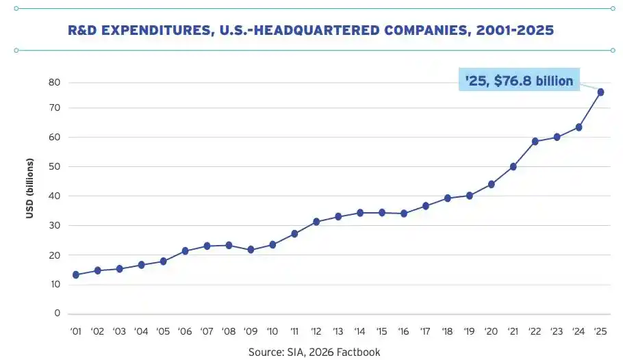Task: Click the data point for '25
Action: (x=600, y=92)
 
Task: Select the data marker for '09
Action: (x=251, y=250)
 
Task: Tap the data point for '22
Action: (x=535, y=142)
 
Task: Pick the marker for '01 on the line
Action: (x=76, y=274)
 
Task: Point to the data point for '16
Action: (x=404, y=214)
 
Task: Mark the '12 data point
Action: (x=316, y=222)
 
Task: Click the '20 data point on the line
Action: (x=491, y=184)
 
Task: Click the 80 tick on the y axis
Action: (x=55, y=82)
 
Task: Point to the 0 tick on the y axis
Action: (x=58, y=313)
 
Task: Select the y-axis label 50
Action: (x=55, y=166)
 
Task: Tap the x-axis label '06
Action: (x=185, y=331)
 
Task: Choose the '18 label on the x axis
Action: (x=447, y=331)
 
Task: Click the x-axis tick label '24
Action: (x=578, y=331)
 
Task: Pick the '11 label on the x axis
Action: (x=294, y=331)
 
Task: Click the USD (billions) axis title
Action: (x=30, y=188)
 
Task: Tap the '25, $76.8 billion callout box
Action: (x=519, y=79)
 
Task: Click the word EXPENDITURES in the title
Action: (x=157, y=31)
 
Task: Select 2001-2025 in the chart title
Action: (x=515, y=30)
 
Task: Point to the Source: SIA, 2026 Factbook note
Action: (x=314, y=352)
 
